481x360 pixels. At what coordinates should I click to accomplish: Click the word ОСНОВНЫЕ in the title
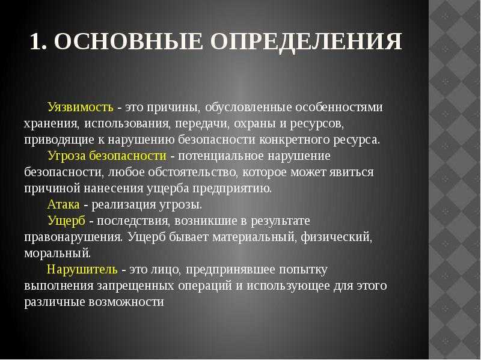point(129,41)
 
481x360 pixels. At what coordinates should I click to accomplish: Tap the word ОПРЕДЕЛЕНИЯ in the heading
point(307,42)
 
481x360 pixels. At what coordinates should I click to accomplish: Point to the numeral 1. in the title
point(38,41)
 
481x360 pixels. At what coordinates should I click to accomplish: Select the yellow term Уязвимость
point(81,108)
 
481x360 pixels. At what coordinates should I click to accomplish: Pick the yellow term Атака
point(64,204)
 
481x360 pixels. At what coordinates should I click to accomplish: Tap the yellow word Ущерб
point(66,221)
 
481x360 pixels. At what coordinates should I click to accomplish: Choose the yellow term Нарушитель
point(82,269)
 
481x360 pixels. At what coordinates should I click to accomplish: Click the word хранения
point(51,124)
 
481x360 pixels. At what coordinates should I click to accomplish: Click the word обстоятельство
point(192,172)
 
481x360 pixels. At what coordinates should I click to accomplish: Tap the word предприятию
point(232,189)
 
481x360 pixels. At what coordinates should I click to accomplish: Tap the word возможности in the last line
point(126,302)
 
